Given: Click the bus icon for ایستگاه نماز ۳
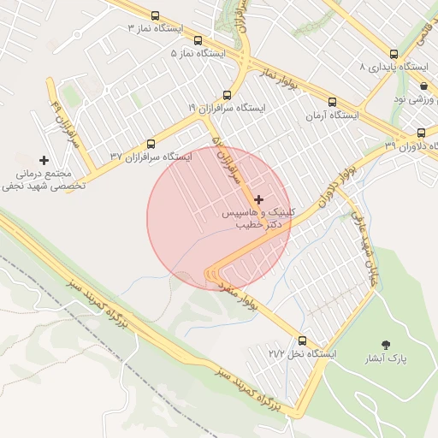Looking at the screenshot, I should [x=155, y=15].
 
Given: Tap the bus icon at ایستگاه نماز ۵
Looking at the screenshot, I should [x=198, y=40].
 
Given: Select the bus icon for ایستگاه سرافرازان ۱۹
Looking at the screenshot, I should [x=227, y=95].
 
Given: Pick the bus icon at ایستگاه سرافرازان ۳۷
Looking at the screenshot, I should [x=151, y=144].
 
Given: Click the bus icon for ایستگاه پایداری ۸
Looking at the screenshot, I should [x=394, y=53].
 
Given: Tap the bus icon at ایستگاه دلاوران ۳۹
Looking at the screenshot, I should [x=421, y=133].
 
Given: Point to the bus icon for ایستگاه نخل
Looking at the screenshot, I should [x=302, y=340].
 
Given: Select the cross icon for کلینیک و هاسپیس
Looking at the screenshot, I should [x=259, y=198].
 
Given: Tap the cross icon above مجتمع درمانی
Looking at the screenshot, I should [x=44, y=160].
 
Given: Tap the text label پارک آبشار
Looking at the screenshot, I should [x=386, y=358].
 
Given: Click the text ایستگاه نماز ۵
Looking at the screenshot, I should [x=198, y=53].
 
